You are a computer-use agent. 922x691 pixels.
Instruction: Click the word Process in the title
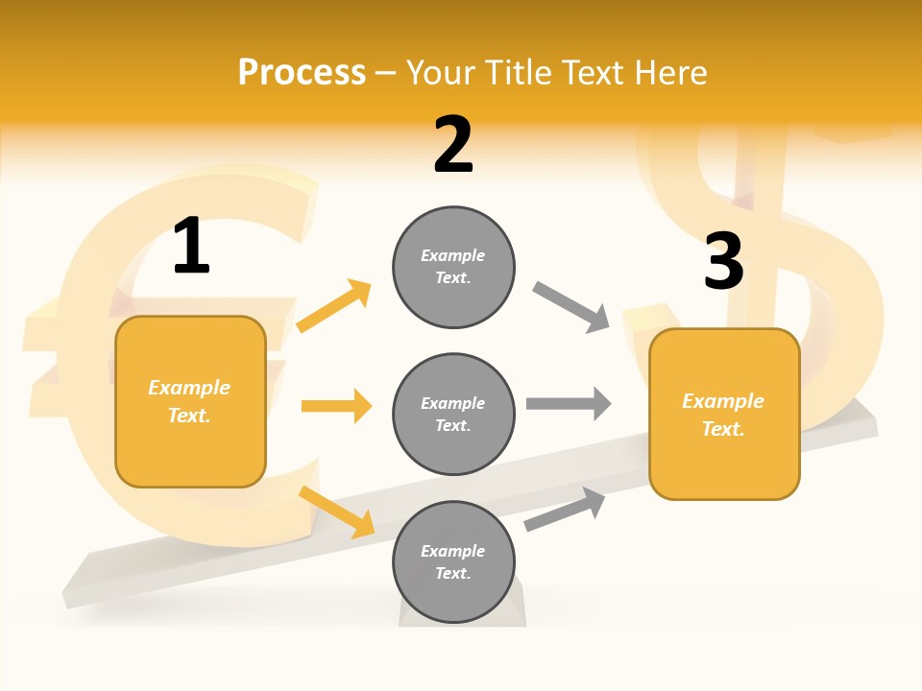pos(302,73)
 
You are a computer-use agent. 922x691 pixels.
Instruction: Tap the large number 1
pos(191,246)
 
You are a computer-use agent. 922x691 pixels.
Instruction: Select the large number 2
pos(453,145)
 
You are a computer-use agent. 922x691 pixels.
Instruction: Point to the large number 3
pos(723,261)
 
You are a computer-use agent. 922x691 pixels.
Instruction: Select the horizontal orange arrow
pos(336,406)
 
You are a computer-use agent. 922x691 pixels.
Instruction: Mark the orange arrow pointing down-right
pos(336,511)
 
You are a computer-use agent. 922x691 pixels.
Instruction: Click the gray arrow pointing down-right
pos(571,306)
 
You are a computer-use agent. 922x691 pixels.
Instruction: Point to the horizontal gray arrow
pos(569,403)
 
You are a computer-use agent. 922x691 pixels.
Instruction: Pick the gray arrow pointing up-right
pos(565,509)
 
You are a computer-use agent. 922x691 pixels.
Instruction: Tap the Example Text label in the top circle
pos(453,267)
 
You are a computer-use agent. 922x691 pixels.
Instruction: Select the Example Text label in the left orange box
pos(189,401)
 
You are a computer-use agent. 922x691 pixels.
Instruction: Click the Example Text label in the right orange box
pos(723,415)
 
